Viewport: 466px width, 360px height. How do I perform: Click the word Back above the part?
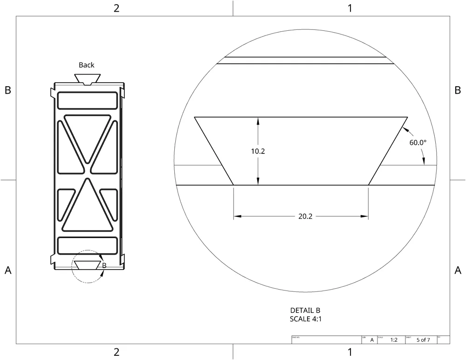pos(86,65)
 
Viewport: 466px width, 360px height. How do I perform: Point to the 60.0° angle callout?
pos(418,143)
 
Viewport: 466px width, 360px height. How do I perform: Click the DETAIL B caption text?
pos(305,311)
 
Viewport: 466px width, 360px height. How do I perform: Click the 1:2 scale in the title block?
pos(394,340)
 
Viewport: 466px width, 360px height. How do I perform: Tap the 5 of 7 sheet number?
pos(424,340)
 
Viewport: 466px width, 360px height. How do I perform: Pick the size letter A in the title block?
pos(372,340)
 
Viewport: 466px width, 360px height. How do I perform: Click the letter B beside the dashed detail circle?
pos(104,265)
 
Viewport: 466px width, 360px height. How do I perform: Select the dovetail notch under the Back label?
pos(87,79)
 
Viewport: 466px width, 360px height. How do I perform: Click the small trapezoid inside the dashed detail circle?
pos(87,265)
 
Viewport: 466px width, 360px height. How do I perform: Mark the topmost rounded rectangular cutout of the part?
pos(87,100)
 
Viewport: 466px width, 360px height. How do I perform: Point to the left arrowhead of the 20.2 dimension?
pos(237,216)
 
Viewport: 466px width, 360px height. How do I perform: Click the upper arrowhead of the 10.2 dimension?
pos(257,120)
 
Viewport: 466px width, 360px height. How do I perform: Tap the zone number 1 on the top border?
pos(349,8)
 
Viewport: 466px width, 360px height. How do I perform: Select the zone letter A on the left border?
pos(7,270)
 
